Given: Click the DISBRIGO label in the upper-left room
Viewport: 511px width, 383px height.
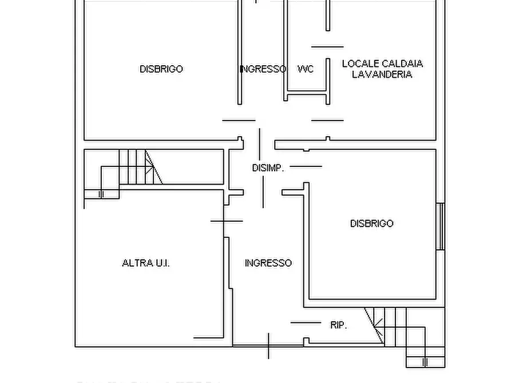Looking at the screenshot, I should point(161,69).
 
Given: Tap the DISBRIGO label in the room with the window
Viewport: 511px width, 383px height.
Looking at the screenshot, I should point(371,224).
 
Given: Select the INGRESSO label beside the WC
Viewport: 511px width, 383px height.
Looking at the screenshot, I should point(263,69).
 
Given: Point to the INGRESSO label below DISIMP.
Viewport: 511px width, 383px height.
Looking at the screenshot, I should point(268,263).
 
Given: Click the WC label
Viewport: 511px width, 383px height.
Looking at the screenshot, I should point(306,69).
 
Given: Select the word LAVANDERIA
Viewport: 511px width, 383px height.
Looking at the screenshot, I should point(382,74).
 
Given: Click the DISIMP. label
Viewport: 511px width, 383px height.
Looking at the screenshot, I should point(268,167).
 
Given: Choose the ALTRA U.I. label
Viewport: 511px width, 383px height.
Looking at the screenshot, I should point(146,263).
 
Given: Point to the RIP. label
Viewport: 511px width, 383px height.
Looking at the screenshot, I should point(339,325).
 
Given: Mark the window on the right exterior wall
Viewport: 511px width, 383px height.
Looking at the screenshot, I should point(440,226).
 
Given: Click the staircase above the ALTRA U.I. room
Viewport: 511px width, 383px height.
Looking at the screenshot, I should point(137,166).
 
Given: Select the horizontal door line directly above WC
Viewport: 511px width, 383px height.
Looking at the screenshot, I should point(327,47).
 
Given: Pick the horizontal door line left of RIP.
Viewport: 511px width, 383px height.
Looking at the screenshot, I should point(306,322).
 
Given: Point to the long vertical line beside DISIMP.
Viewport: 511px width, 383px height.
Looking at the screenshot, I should point(260,167).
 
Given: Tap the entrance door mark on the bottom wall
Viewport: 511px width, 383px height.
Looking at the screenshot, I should point(268,346).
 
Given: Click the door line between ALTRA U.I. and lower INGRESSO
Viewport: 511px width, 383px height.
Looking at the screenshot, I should point(227,221).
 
